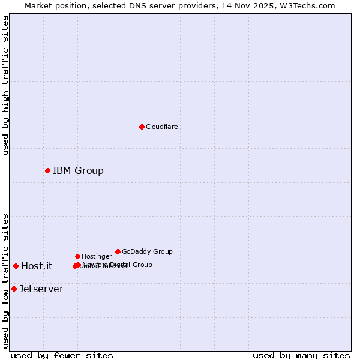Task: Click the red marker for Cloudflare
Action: (x=142, y=127)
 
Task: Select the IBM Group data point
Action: (x=47, y=170)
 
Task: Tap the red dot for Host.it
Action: (x=16, y=266)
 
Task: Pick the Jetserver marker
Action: (x=14, y=289)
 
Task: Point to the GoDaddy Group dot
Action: (x=118, y=251)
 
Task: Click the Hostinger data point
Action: (x=77, y=256)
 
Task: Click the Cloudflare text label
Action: (x=161, y=127)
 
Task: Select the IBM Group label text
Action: (x=78, y=170)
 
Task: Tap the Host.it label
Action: (x=37, y=266)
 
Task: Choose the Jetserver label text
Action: (x=41, y=289)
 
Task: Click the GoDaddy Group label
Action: (x=147, y=251)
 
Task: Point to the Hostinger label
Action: (x=97, y=256)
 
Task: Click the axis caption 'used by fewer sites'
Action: (x=62, y=355)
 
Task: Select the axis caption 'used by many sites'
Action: (x=301, y=355)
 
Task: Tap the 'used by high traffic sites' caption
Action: (x=5, y=85)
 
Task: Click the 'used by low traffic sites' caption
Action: (x=5, y=281)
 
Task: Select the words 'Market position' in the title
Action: (x=53, y=5)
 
